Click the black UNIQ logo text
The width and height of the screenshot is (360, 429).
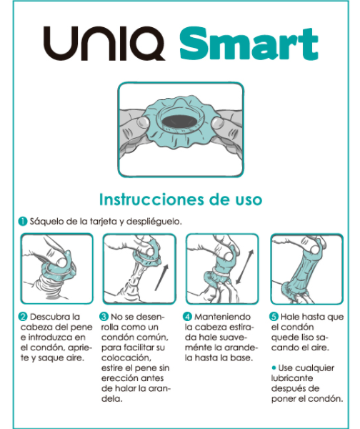point(104,43)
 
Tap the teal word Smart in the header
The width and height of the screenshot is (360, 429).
point(249,43)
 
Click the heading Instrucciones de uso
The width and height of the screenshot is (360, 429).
point(181,199)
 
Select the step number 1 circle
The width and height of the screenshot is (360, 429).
point(23,221)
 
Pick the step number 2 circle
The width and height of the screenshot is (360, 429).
point(23,317)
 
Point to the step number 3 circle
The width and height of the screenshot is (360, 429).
point(104,317)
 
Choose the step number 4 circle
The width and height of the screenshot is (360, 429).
point(187,317)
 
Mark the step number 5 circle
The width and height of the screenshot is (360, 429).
point(274,317)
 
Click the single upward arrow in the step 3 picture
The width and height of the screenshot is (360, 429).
point(162,277)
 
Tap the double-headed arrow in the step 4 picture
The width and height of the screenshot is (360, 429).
point(245,267)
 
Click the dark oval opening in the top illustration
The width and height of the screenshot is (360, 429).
point(180,120)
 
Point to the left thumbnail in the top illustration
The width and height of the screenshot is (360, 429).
point(143,122)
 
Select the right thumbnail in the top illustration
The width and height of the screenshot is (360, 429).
point(217,122)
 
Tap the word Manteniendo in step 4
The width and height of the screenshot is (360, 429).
point(222,317)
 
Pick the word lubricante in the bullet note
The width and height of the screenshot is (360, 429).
point(292,378)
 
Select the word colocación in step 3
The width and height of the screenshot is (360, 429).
point(126,358)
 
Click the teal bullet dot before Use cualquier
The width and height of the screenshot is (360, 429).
point(274,368)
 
